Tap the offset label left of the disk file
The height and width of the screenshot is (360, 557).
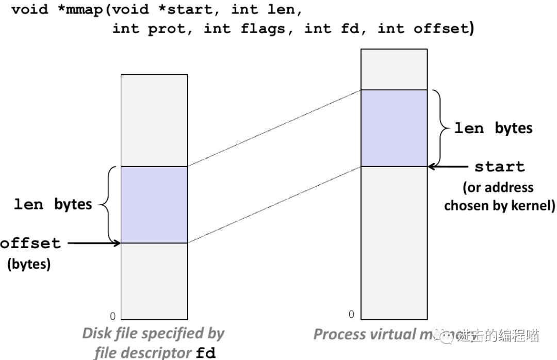point(30,243)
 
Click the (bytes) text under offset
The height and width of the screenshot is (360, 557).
point(28,265)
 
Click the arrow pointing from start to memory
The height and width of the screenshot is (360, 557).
point(448,167)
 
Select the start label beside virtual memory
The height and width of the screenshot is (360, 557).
point(499,167)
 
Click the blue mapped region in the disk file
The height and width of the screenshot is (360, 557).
point(154,204)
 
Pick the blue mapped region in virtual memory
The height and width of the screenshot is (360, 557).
point(394,128)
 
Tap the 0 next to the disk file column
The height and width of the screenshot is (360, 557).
point(113,316)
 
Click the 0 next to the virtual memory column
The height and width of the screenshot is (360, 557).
point(351,314)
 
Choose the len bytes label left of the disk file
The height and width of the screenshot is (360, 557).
point(53,204)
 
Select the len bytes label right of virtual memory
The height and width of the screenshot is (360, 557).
point(493,128)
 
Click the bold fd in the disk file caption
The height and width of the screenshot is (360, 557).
point(206,353)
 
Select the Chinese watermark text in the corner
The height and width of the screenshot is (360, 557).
point(498,336)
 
